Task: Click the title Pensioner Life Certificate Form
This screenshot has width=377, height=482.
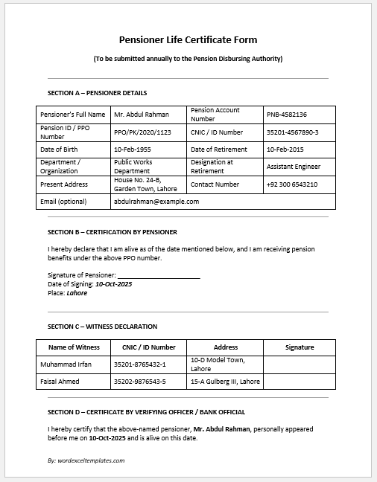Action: (x=188, y=40)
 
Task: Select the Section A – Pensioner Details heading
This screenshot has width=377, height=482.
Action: (x=97, y=93)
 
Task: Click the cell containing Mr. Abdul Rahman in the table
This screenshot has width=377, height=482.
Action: (x=142, y=115)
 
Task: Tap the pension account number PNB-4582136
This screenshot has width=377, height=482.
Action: (x=287, y=115)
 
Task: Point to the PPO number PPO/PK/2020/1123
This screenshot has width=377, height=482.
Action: (x=142, y=132)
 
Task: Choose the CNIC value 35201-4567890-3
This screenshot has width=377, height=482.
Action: (x=293, y=132)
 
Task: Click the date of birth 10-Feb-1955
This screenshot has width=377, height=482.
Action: (x=133, y=150)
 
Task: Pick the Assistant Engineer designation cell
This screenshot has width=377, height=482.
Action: (x=294, y=167)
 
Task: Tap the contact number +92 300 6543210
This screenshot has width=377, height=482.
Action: (x=292, y=184)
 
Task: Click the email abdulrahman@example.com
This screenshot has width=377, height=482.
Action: (x=156, y=201)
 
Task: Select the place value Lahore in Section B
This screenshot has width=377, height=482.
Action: (x=77, y=292)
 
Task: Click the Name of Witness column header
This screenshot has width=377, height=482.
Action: (x=74, y=347)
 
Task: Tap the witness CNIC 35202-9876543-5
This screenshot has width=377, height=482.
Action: (x=140, y=382)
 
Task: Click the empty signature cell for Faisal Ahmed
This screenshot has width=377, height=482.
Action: (x=299, y=382)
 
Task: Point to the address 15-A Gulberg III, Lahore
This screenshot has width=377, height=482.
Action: (x=226, y=382)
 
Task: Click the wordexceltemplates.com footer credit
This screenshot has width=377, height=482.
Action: (x=86, y=460)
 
